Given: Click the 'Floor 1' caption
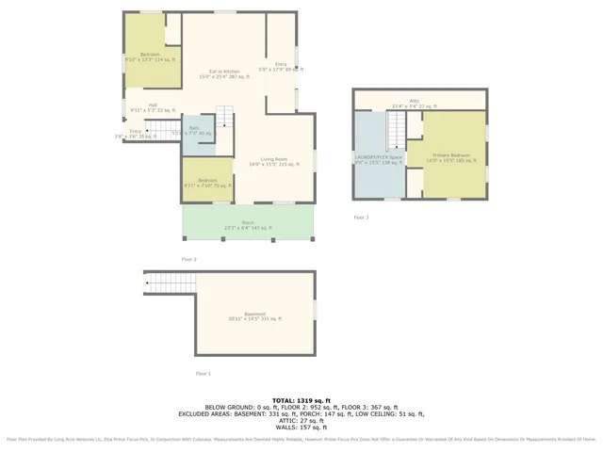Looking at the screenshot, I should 204,374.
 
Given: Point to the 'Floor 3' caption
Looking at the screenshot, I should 361,218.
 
